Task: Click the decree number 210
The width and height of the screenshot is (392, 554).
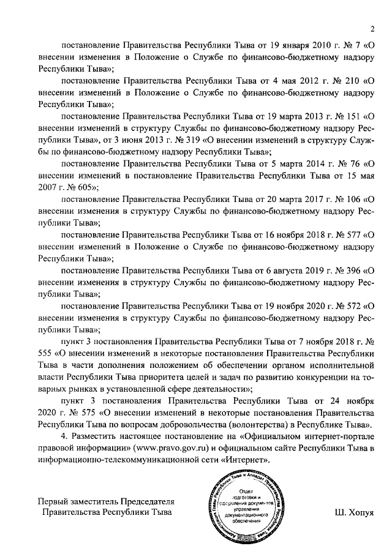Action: point(352,79)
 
